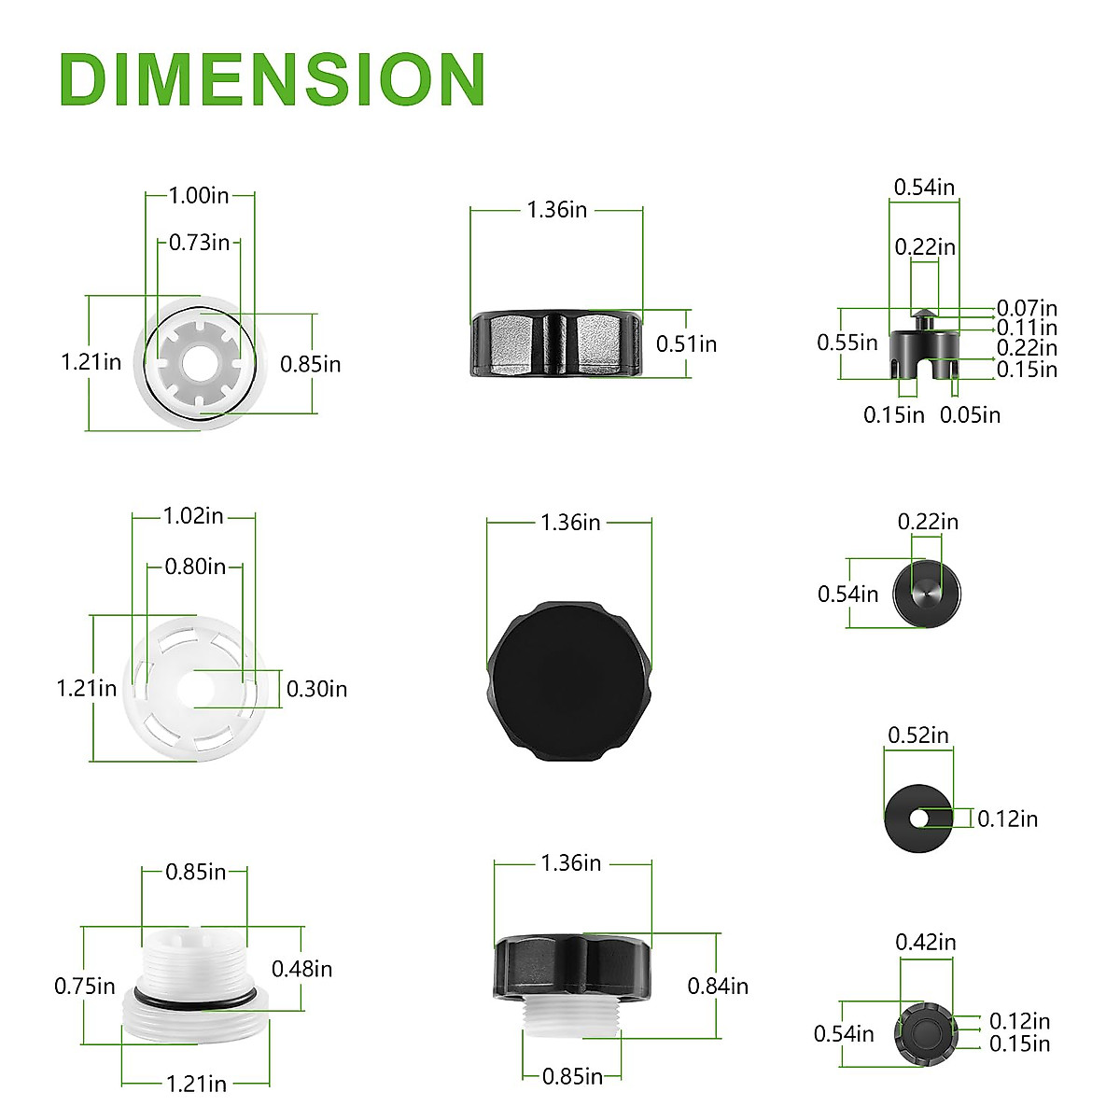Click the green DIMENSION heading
[x=272, y=79]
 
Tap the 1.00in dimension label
[x=199, y=195]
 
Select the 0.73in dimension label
[x=200, y=243]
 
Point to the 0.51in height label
[x=686, y=344]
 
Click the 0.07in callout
[x=1027, y=307]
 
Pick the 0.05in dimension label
[x=970, y=415]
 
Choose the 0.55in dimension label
[x=847, y=343]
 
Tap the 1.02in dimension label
[x=193, y=516]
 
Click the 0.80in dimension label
[x=195, y=567]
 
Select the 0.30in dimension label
[x=316, y=690]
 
